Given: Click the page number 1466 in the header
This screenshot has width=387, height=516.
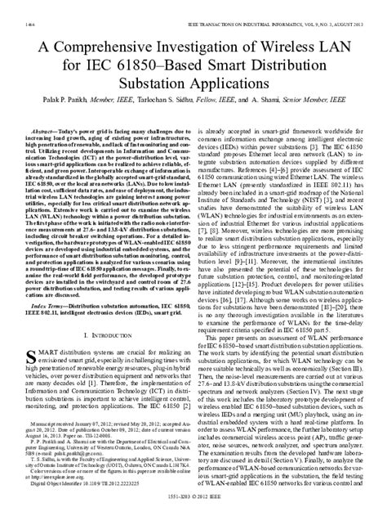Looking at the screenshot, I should (13, 7).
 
